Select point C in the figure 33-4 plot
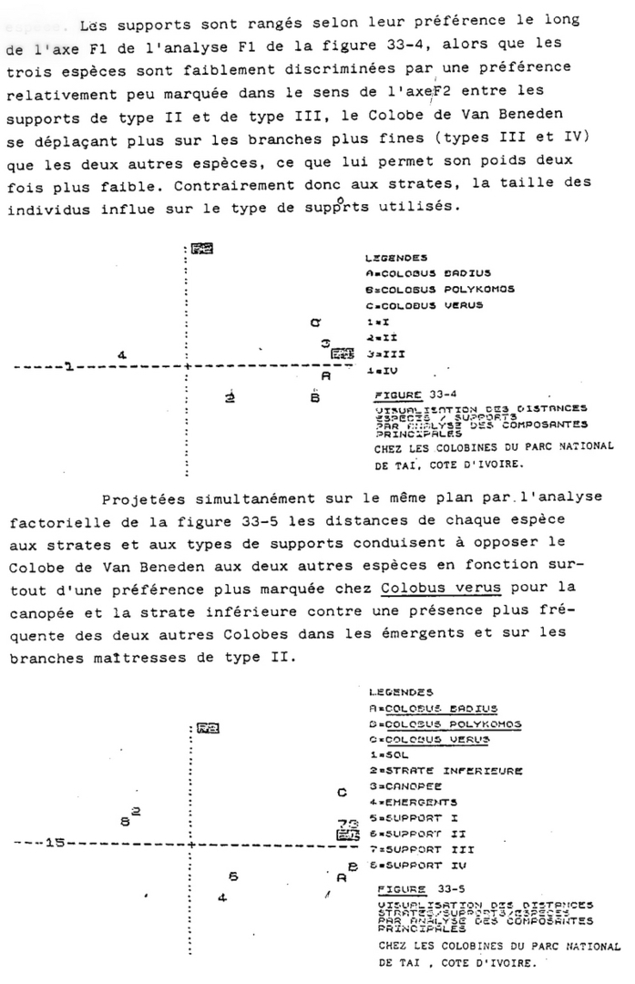click(x=315, y=322)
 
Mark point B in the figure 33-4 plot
click(x=314, y=396)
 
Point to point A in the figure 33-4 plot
click(x=326, y=374)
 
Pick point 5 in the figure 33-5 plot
click(x=233, y=876)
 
